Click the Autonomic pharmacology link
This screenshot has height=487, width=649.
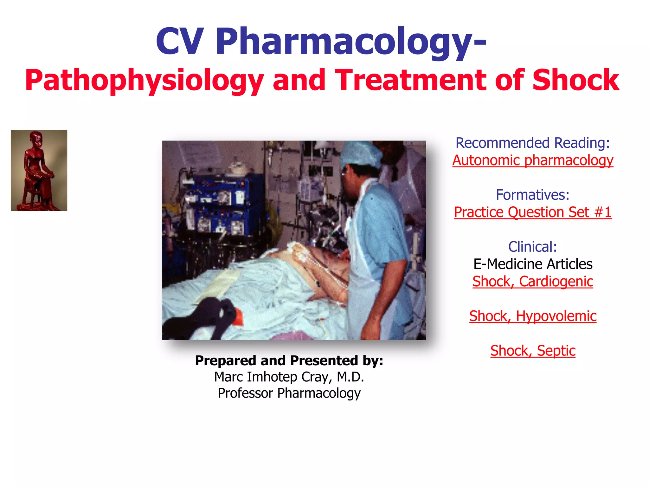pos(532,160)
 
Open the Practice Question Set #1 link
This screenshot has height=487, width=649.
pos(532,212)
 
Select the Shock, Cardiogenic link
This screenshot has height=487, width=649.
pos(532,282)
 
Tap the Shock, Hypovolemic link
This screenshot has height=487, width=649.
pos(532,316)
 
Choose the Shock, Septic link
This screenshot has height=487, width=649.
pos(532,351)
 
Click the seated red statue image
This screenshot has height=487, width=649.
pos(39,170)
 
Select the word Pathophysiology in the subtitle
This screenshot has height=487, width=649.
pos(144,81)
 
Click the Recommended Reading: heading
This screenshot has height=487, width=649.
pos(532,143)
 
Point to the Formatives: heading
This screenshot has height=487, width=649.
pos(532,195)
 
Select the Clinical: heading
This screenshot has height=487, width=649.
pos(532,247)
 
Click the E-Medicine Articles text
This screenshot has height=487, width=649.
pos(532,264)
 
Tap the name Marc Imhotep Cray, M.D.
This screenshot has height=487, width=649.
pos(289,377)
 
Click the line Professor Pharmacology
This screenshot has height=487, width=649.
pos(289,393)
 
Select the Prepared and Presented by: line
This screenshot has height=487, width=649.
pos(289,361)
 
